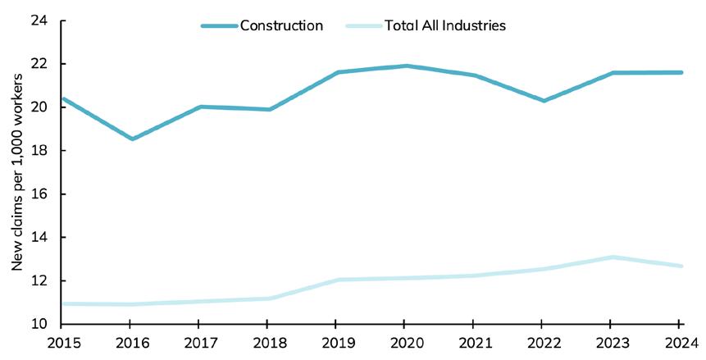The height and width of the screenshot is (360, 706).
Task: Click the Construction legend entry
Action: (x=281, y=25)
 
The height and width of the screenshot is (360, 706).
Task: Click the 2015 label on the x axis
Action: (x=62, y=343)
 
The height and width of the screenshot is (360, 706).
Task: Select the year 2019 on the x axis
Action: (x=336, y=343)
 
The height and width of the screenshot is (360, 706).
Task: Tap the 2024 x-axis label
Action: (x=679, y=343)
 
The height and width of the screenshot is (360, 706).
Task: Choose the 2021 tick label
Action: (x=473, y=343)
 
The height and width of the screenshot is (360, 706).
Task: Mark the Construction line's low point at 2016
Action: (x=131, y=139)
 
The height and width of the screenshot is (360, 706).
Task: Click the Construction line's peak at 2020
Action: (x=406, y=66)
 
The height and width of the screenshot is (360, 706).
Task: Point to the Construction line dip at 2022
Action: (x=544, y=101)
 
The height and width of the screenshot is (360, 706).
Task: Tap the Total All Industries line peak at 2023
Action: (x=612, y=257)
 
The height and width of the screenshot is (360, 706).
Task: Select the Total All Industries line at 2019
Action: (x=337, y=280)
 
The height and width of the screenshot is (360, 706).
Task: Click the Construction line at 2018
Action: (x=268, y=109)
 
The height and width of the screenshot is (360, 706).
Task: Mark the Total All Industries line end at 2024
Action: (x=681, y=266)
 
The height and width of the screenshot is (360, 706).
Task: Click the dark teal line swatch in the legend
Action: (x=218, y=25)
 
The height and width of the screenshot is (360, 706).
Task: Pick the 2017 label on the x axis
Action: (x=199, y=343)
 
